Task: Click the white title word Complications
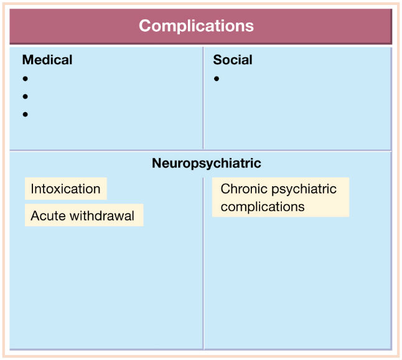[x=196, y=26]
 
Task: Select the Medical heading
[x=47, y=60]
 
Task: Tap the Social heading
[x=233, y=60]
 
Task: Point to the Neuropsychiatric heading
[x=207, y=163]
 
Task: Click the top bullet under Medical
[x=25, y=78]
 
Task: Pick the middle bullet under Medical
[x=25, y=97]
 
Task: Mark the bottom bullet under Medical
[x=25, y=114]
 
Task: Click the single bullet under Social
[x=217, y=78]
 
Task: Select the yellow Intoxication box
[x=65, y=189]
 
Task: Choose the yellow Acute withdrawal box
[x=84, y=215]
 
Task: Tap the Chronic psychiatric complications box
[x=281, y=197]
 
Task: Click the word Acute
[x=48, y=216]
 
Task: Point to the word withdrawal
[x=102, y=216]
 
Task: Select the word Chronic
[x=244, y=189]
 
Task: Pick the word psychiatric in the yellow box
[x=304, y=190]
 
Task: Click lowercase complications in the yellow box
[x=263, y=207]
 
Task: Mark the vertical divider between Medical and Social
[x=203, y=98]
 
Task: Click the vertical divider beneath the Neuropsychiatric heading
[x=203, y=263]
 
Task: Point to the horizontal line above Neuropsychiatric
[x=200, y=150]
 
